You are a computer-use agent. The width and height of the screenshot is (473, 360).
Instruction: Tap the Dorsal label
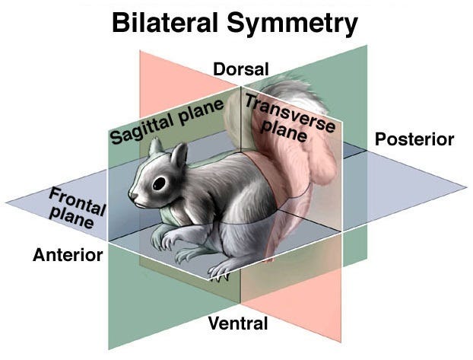point(241,69)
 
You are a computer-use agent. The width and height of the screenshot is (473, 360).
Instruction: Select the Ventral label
point(238,323)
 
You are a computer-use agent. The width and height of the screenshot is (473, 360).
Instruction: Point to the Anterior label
point(68,255)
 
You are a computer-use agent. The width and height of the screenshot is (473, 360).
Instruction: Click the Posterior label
point(414,139)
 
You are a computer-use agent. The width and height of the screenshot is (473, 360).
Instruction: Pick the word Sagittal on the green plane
point(141,129)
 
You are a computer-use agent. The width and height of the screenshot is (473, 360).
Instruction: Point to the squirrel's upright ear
point(179,155)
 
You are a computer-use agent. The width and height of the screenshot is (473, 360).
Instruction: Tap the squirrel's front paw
point(169,242)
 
